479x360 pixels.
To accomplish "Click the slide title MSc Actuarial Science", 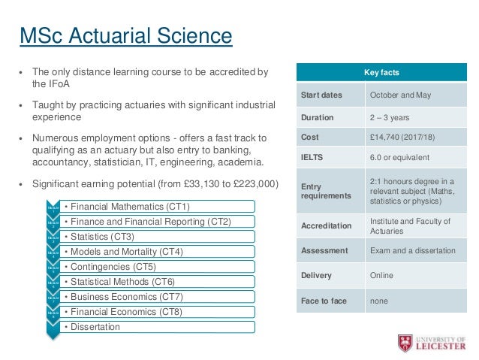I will coord(125,35).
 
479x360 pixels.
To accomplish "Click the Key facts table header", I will coord(381,73).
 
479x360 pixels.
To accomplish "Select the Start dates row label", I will coord(321,95).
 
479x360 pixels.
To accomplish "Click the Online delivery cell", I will coord(381,275).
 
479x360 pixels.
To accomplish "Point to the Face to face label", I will coord(324,301).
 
